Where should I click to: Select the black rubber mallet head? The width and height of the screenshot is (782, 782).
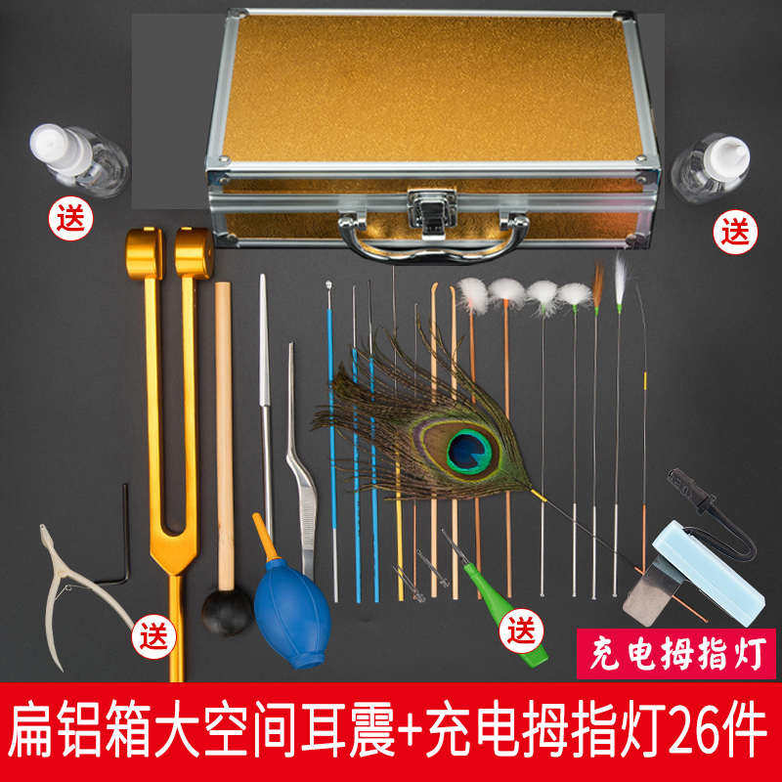[227, 612]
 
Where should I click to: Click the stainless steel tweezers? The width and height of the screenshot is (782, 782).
[299, 469]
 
